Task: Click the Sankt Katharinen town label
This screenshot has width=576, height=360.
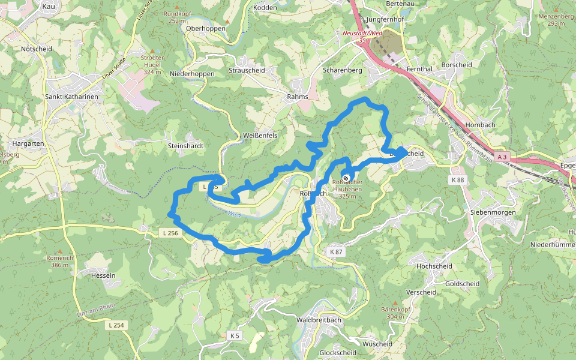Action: (71, 96)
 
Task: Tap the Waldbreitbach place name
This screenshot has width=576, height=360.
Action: (319, 320)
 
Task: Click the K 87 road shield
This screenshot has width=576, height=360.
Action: (336, 252)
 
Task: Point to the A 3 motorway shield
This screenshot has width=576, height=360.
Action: (502, 157)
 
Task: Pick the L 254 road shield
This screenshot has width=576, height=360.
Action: (116, 325)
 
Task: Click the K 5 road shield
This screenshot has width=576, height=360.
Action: (235, 336)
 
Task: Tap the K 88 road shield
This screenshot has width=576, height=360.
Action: (457, 180)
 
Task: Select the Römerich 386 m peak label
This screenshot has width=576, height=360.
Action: (59, 261)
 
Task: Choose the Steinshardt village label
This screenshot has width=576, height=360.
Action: (186, 146)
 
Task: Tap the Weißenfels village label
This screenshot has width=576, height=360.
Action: (260, 136)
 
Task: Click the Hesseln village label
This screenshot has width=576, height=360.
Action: (103, 275)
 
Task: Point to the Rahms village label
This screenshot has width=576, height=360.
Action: (298, 97)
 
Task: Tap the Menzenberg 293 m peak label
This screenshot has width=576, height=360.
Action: (556, 20)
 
